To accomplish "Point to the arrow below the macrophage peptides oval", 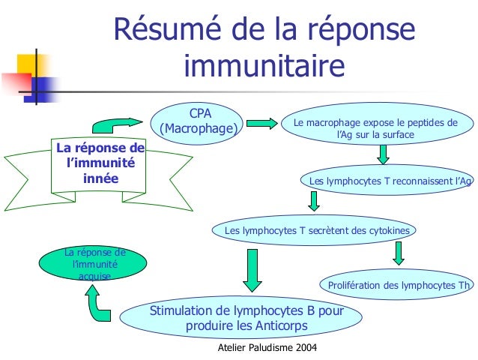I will pos(383,154).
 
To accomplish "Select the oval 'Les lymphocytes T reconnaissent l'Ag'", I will pos(390,181).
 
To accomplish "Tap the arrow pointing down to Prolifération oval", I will pos(399,253).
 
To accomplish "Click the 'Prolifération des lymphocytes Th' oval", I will pos(398,285).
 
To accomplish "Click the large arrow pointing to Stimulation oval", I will pos(252,269).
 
